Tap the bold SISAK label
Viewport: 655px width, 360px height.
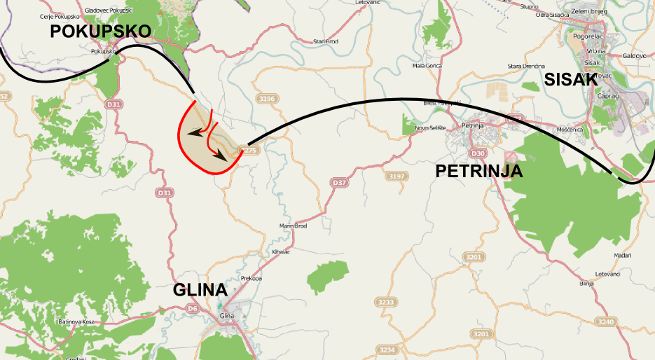pyautogui.click(x=571, y=80)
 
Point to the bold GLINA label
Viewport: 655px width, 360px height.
pyautogui.click(x=200, y=290)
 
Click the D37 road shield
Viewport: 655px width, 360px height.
pyautogui.click(x=339, y=182)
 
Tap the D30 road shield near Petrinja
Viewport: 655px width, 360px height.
pyautogui.click(x=478, y=153)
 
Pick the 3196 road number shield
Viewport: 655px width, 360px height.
pyautogui.click(x=267, y=99)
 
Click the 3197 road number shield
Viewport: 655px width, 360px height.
pyautogui.click(x=397, y=176)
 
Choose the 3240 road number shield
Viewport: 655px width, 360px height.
pyautogui.click(x=607, y=321)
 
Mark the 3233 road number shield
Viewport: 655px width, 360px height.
pyautogui.click(x=386, y=302)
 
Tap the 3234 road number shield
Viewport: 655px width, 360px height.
pyautogui.click(x=387, y=349)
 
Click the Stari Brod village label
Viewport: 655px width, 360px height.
pyautogui.click(x=326, y=42)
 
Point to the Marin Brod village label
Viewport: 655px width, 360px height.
pyautogui.click(x=293, y=226)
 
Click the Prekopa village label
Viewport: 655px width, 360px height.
pyautogui.click(x=251, y=278)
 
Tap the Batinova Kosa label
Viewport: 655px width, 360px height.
pyautogui.click(x=75, y=321)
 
